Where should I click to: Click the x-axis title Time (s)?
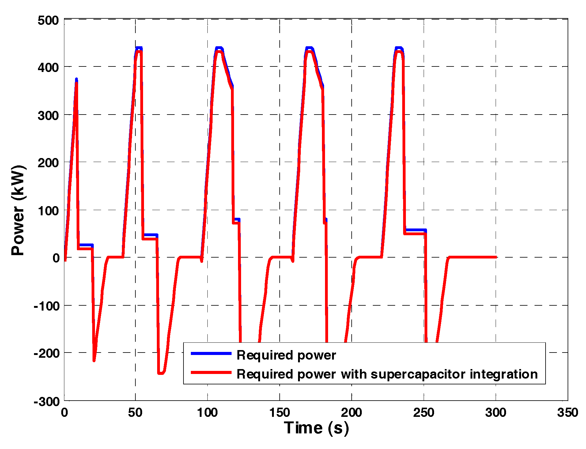pos(316,428)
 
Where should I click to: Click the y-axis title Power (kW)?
pos(18,210)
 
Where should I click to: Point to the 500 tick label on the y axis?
pos(48,21)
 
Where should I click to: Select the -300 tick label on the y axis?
pos(47,401)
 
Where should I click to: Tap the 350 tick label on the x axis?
pos(568,413)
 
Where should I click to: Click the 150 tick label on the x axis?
pos(279,413)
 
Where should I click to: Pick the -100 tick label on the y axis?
pos(47,306)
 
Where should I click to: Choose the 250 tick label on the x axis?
pos(424,413)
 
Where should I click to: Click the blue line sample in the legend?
pos(211,353)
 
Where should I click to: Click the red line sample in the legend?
pos(211,372)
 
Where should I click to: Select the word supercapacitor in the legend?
pos(418,375)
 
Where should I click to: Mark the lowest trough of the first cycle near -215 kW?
pos(94,360)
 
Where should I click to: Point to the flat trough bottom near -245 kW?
pos(161,373)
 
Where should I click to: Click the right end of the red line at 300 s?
pos(495,257)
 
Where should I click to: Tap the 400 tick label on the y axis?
pos(48,67)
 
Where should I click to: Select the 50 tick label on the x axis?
pos(135,413)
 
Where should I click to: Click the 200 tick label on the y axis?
pos(48,163)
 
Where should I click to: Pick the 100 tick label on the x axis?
pos(207,413)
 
